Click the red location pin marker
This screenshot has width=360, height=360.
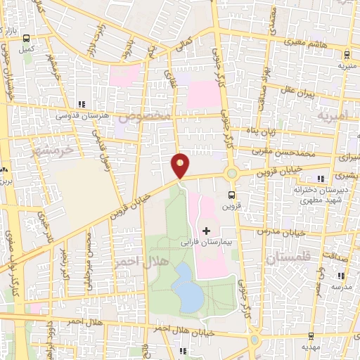pos(181,165)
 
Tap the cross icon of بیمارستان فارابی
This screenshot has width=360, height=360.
pos(206,231)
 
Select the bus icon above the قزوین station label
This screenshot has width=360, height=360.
pos(231,195)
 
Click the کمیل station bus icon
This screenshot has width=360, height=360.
pos(25,39)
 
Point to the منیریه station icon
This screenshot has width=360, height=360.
pos(346,55)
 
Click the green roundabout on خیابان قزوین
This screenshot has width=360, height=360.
pos(231,173)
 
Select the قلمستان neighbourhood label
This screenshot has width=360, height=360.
pos(288,258)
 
